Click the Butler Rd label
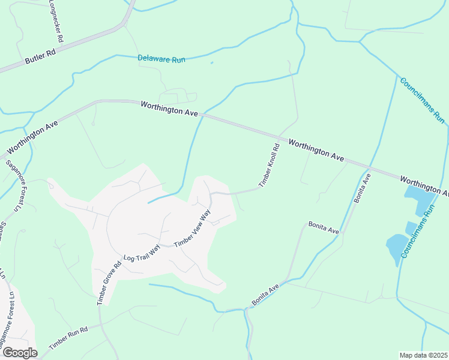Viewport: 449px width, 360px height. click(40, 57)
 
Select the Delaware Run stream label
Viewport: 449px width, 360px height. click(161, 59)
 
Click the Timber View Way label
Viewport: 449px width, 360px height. click(193, 228)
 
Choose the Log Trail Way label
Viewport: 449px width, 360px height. click(142, 251)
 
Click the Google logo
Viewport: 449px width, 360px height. click(19, 353)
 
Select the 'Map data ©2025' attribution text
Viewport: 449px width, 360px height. click(423, 355)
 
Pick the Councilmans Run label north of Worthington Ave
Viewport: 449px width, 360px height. click(422, 100)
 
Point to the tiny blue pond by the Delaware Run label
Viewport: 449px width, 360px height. click(212, 62)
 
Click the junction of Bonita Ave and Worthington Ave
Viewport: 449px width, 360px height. click(370, 167)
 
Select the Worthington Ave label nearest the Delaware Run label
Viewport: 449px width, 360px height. click(169, 109)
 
